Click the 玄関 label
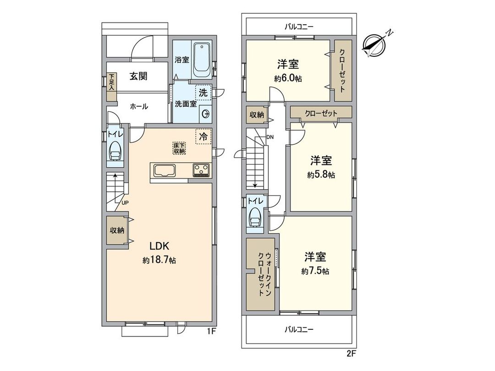(137, 76)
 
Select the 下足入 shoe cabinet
(112, 87)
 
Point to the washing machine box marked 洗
(203, 92)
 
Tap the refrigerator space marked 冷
(203, 136)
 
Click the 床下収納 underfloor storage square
(179, 148)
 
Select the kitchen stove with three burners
(201, 170)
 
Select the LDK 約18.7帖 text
(159, 253)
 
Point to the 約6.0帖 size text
(288, 78)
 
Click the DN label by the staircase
(270, 136)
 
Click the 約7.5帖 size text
(315, 271)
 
